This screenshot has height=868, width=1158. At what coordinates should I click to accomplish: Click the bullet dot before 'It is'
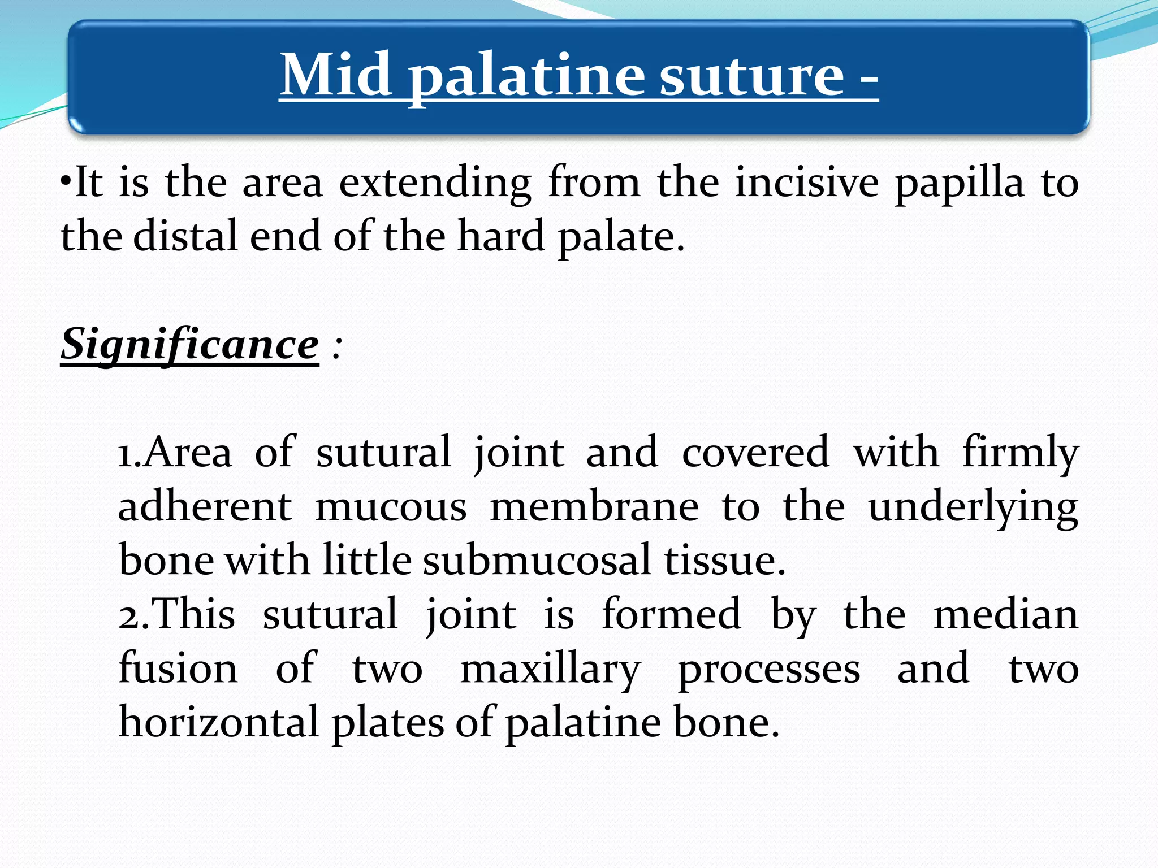[66, 183]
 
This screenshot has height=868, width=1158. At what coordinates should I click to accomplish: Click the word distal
[185, 236]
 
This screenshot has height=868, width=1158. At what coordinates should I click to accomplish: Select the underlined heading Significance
[190, 345]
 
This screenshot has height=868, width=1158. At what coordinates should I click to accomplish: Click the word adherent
[205, 507]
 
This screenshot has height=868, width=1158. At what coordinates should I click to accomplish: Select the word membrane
[594, 507]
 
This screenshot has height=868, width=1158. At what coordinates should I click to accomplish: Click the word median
[1005, 615]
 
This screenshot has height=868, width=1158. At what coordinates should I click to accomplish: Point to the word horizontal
[219, 723]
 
